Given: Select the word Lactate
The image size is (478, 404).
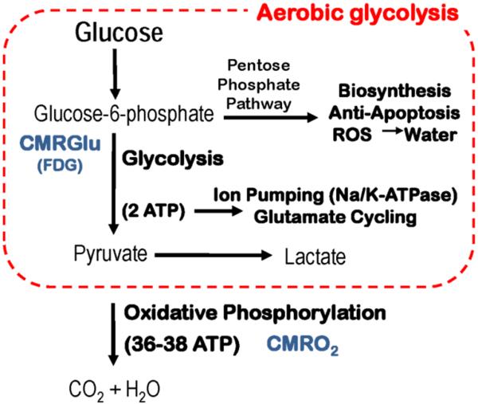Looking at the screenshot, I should tap(313, 257).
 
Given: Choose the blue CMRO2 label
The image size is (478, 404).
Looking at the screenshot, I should tap(296, 344).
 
